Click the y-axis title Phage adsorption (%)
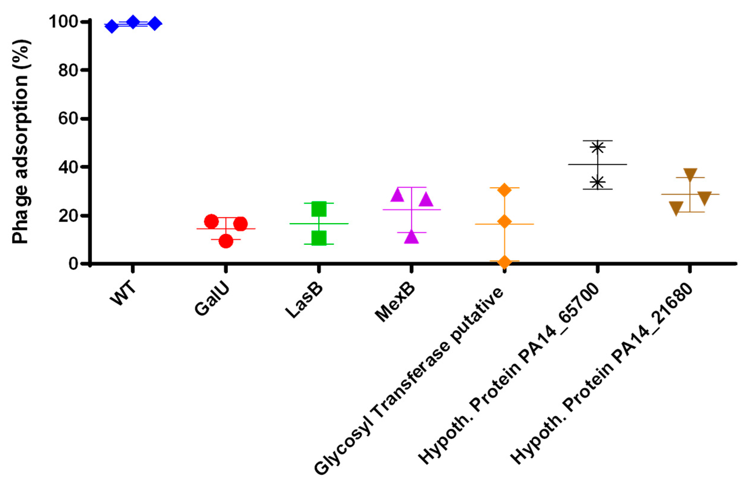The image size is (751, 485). pos(20,142)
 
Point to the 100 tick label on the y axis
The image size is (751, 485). pos(63,22)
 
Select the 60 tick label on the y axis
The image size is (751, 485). pos(68,119)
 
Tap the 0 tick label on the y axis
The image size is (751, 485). pos(73,263)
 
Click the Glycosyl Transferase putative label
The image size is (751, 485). pos(409,381)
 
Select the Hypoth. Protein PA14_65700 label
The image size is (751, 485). pos(508,373)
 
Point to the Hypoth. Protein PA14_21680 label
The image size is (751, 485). pos(601,373)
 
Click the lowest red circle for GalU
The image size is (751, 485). pos(226,241)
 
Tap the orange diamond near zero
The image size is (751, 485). pos(504,262)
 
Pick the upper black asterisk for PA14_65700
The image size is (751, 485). pos(597,147)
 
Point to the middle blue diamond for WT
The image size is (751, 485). pos(133,22)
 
